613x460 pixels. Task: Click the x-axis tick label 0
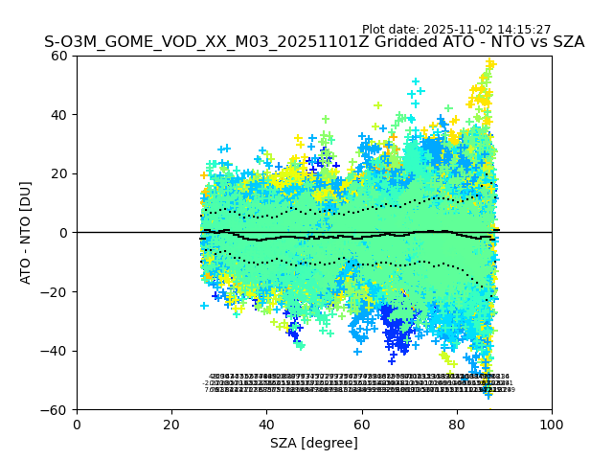click(77, 425)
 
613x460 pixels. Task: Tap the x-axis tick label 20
click(171, 425)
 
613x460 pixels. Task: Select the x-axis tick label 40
click(266, 425)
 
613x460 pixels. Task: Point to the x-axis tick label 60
click(362, 425)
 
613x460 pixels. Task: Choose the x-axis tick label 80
click(457, 425)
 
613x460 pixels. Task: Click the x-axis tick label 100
click(552, 425)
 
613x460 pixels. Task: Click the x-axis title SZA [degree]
click(314, 443)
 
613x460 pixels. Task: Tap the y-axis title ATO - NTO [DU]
click(27, 233)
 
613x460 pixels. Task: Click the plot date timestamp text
click(456, 30)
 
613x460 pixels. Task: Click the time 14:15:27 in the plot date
click(523, 30)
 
